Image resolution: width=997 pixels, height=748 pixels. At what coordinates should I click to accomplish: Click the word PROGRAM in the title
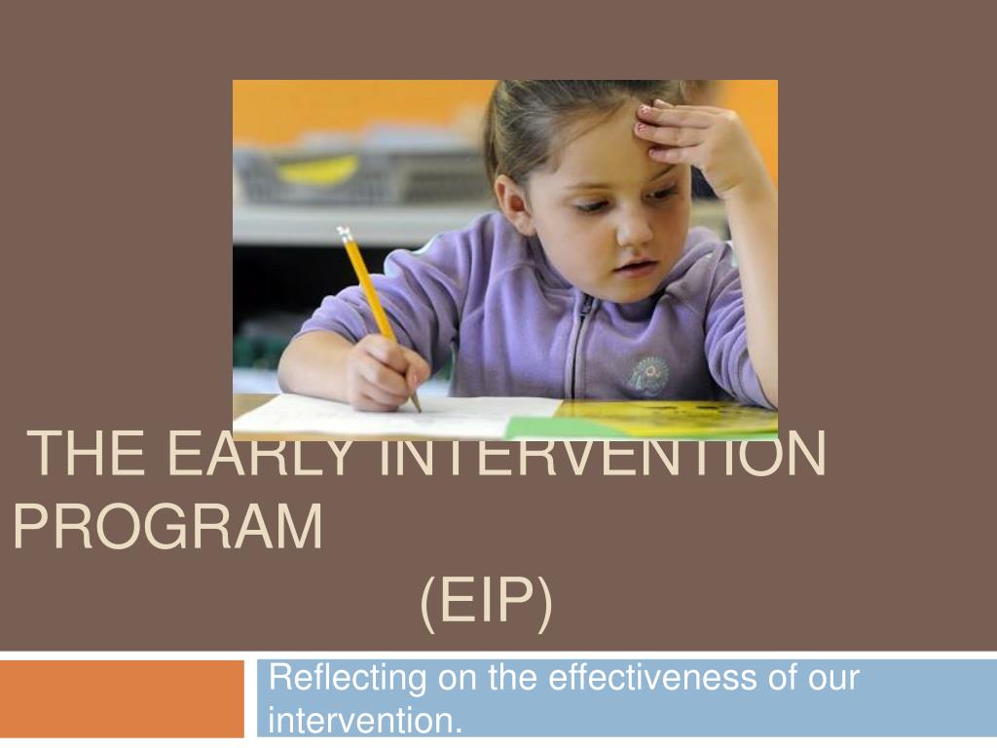(168, 527)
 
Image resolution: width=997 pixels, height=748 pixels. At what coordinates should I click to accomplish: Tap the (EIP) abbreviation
(487, 600)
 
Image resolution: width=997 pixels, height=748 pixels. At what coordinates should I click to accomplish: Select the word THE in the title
(88, 453)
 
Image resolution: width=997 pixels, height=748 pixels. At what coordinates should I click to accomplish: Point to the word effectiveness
(652, 677)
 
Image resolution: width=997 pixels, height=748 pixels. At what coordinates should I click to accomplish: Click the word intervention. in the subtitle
(365, 721)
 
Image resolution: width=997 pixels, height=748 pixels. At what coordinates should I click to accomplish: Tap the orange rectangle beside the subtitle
(122, 698)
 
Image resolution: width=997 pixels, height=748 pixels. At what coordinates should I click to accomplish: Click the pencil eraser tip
(344, 234)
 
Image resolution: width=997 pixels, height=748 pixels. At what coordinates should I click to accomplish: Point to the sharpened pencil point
(418, 408)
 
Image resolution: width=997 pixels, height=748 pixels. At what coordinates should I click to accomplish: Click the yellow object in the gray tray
(318, 169)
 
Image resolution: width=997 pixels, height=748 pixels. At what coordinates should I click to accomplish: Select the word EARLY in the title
(259, 453)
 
